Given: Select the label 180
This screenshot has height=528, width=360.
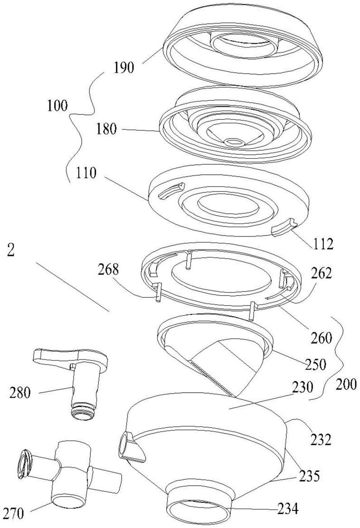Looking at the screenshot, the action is (106, 129).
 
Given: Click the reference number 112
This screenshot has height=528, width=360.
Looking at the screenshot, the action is (322, 244).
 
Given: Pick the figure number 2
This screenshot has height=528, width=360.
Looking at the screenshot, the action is (11, 252).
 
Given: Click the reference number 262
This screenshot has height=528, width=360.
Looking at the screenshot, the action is (321, 273).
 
